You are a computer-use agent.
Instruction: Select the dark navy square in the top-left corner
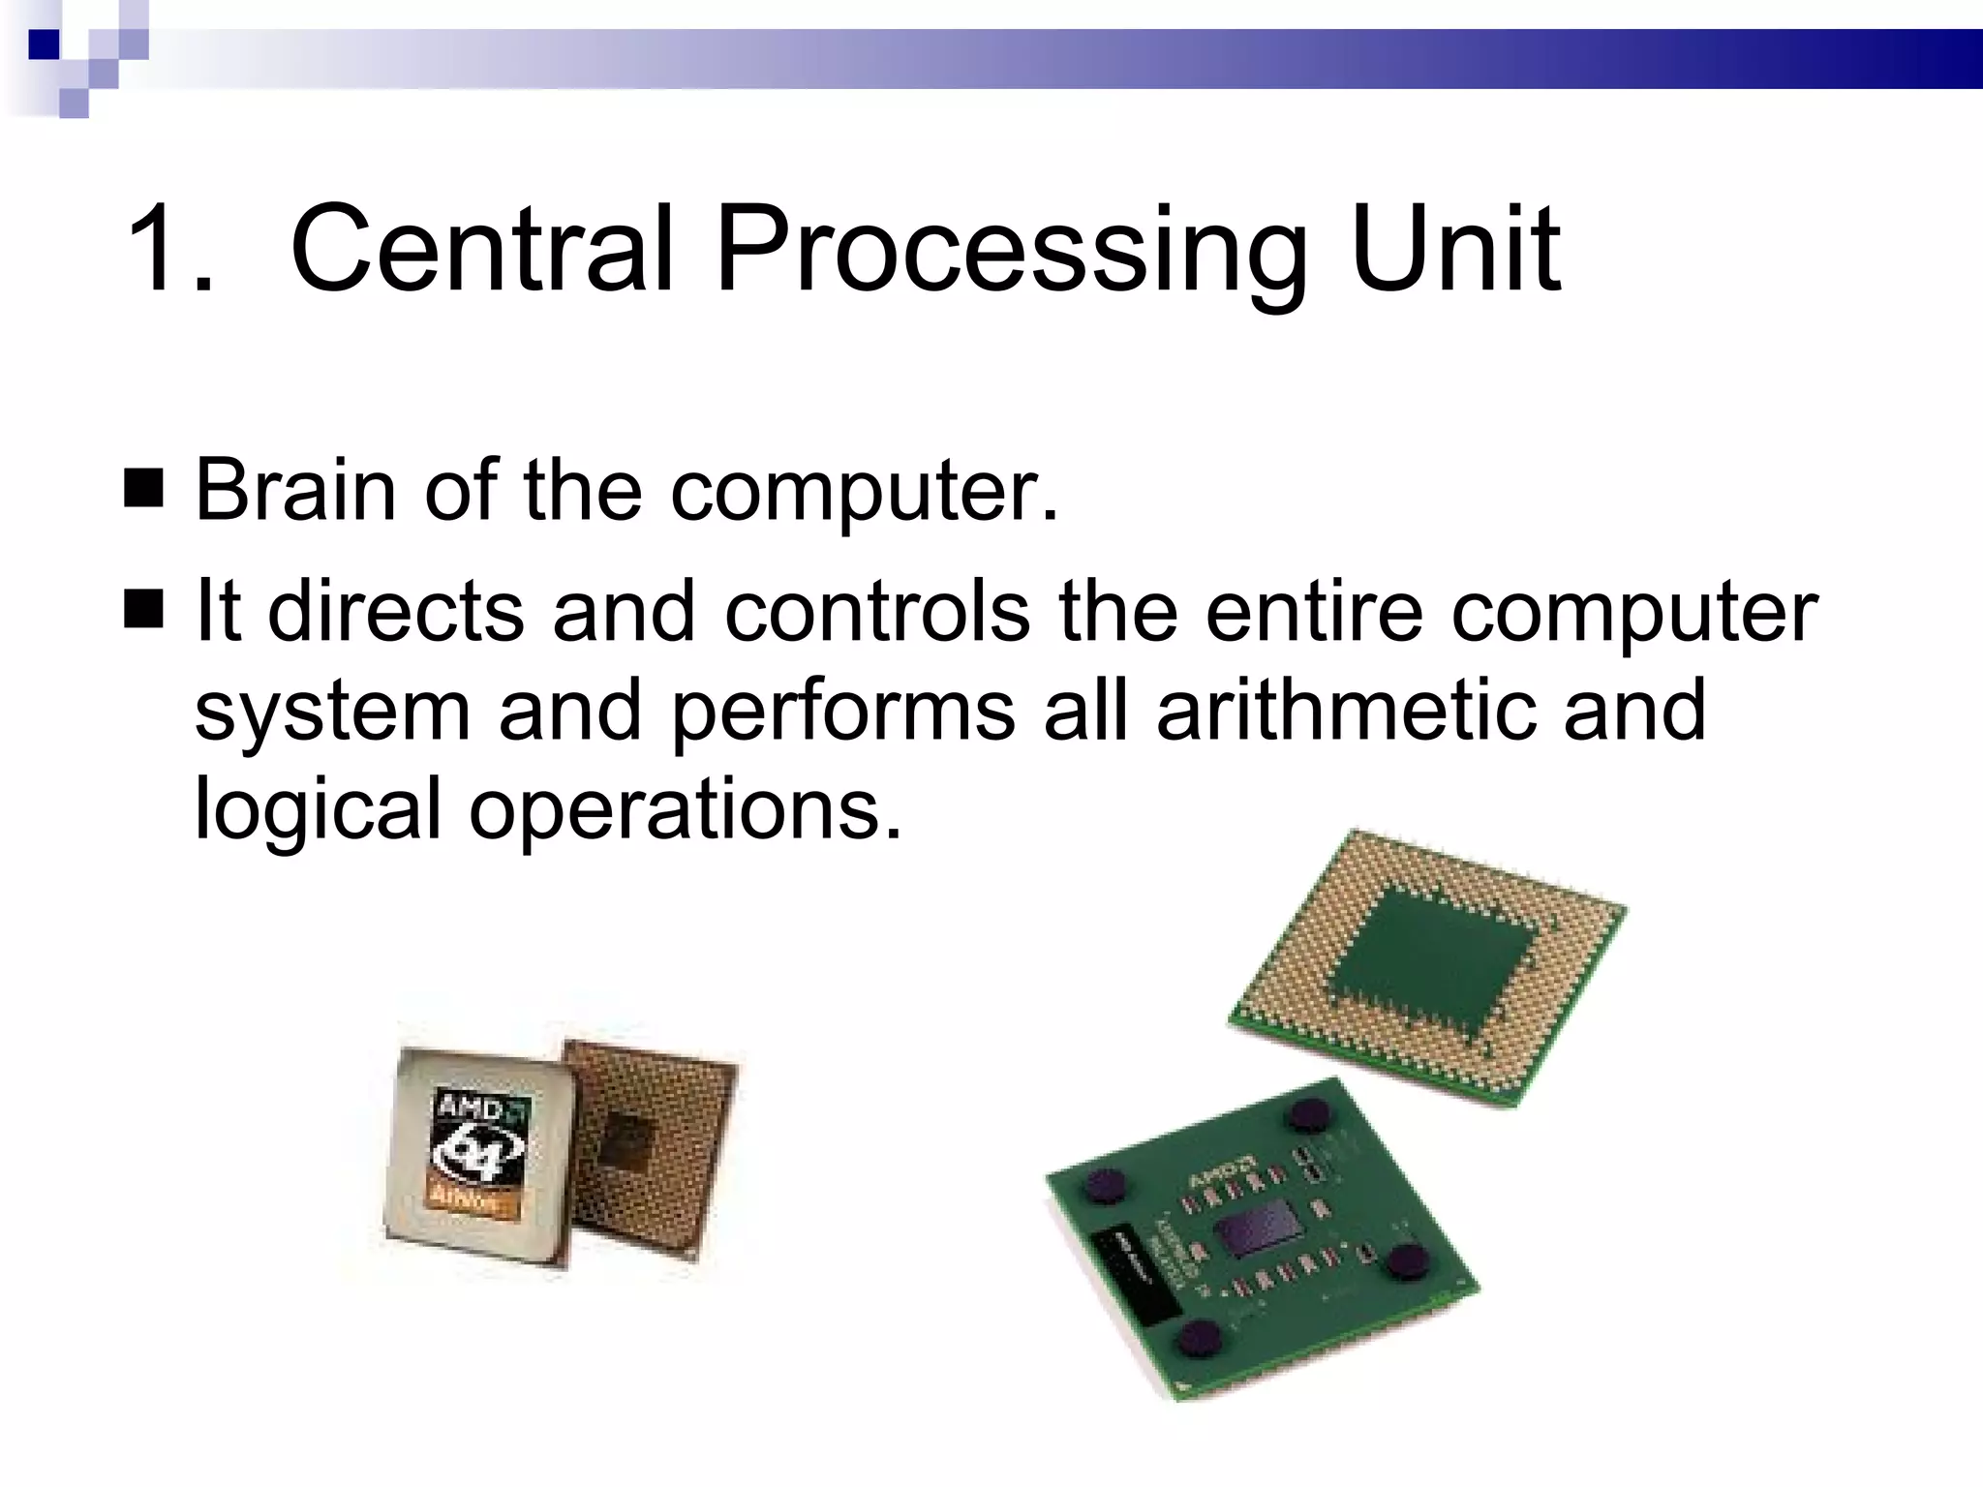click(45, 45)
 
